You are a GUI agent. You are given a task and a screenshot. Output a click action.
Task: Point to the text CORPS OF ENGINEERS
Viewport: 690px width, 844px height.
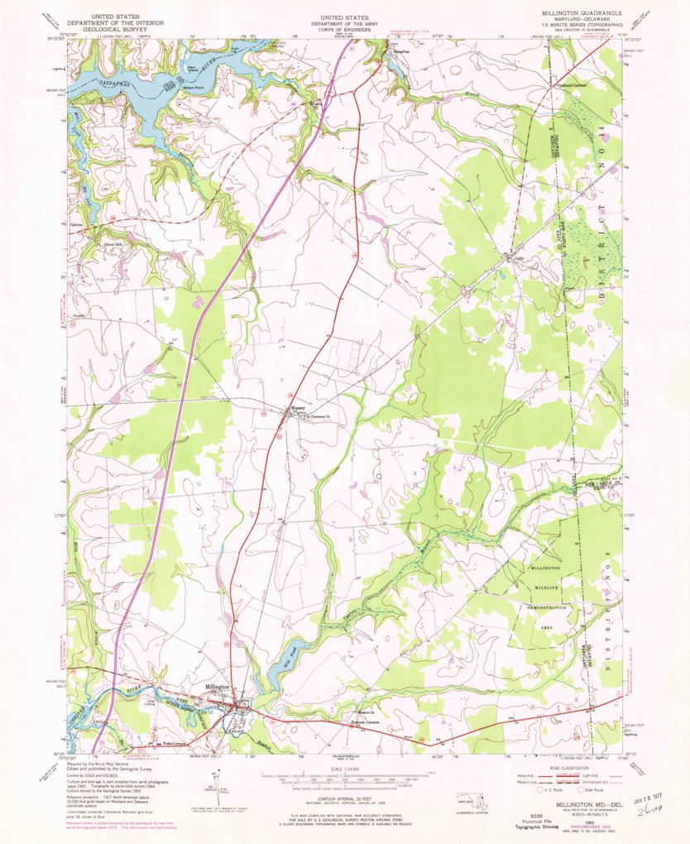[345, 26]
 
